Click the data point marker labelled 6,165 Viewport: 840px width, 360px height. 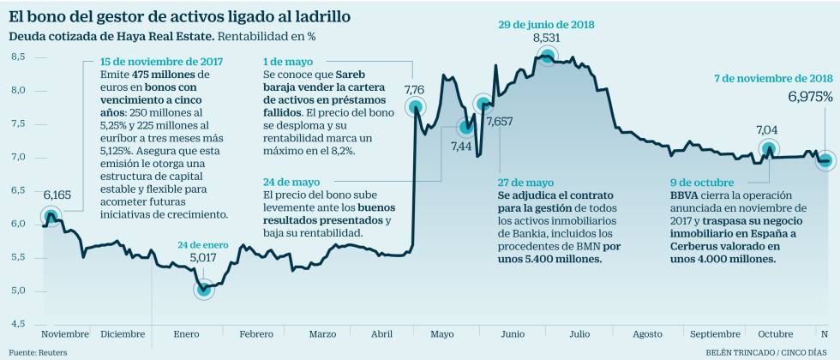tap(51, 216)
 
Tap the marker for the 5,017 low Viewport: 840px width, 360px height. tap(204, 289)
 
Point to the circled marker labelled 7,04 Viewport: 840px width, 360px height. tap(769, 150)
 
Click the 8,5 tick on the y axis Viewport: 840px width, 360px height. tap(18, 57)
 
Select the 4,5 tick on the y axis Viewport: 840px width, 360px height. tap(18, 323)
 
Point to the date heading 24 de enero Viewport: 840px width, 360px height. tap(203, 243)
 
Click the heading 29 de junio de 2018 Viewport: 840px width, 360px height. tap(547, 25)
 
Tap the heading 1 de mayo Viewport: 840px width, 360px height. tap(289, 62)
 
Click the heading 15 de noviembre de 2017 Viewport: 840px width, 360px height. tap(163, 62)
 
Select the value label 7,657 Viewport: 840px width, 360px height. tap(501, 122)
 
